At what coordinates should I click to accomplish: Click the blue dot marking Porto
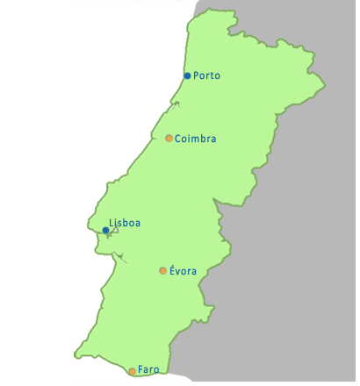tap(188, 75)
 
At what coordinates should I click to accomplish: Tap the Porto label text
tap(207, 75)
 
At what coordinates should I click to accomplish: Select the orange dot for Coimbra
tap(169, 138)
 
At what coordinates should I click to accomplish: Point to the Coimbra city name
tap(196, 138)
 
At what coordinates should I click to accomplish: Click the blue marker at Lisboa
tap(105, 230)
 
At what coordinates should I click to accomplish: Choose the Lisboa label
tap(125, 223)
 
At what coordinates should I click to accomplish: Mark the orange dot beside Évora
tap(162, 270)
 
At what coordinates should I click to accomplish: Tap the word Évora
tap(183, 270)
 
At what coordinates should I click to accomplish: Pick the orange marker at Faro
tap(133, 372)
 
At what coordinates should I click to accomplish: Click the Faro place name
tap(149, 370)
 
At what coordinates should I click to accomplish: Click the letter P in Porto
tap(196, 75)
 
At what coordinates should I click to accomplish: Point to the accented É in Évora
tap(172, 270)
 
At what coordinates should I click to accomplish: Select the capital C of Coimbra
tap(178, 138)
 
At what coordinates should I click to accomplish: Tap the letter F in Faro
tap(141, 370)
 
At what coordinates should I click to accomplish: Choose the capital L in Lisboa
tap(112, 223)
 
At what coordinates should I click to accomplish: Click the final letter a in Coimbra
tap(212, 139)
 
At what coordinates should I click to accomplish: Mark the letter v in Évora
tap(178, 271)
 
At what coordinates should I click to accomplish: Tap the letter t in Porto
tap(212, 75)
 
